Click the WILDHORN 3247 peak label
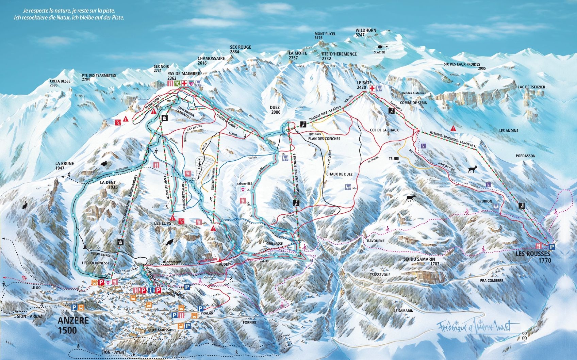(366, 33)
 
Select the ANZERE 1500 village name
(73, 325)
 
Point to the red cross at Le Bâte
(372, 89)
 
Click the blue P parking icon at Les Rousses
(552, 247)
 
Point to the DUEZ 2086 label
(275, 110)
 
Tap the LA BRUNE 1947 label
(65, 166)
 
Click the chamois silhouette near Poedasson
(473, 169)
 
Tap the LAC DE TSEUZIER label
(531, 87)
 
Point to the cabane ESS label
(244, 183)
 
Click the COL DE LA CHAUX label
(384, 130)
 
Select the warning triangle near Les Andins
(453, 128)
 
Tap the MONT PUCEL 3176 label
(325, 36)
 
